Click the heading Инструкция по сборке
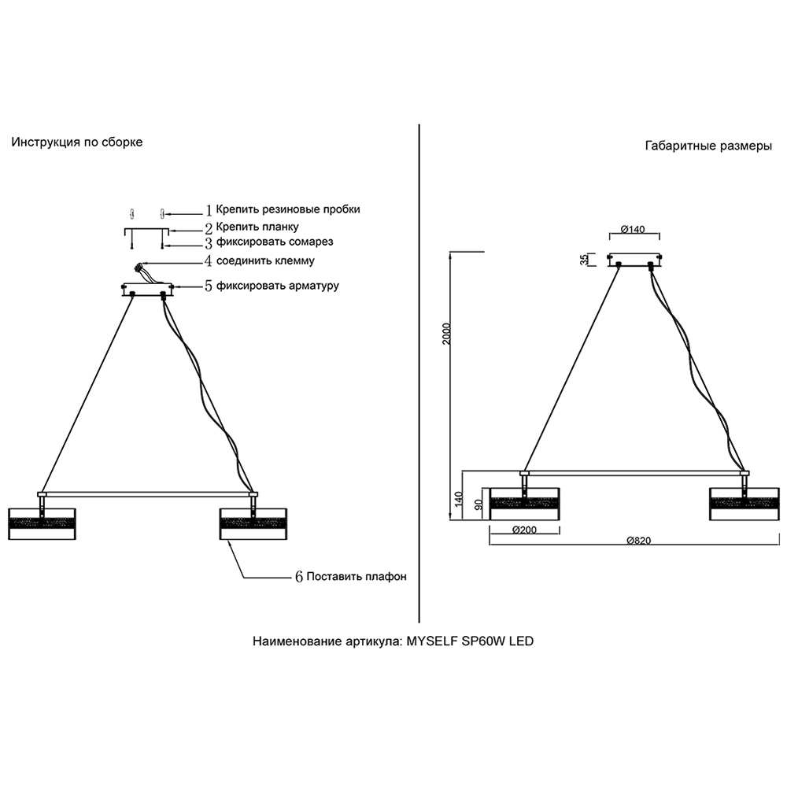click(77, 142)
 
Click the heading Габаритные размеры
click(708, 146)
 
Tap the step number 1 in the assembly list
click(209, 210)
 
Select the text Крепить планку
click(257, 227)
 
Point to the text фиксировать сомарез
click(275, 242)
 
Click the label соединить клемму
click(265, 261)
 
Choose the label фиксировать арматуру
click(278, 286)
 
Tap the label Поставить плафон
click(357, 577)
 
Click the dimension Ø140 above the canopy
click(633, 229)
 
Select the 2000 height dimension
click(447, 333)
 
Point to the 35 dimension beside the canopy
click(584, 260)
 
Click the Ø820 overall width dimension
click(639, 541)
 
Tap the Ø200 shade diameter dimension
click(524, 530)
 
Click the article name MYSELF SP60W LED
click(470, 641)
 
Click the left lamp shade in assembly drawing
click(42, 524)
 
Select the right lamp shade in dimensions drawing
click(745, 504)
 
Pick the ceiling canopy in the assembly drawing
click(147, 289)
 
